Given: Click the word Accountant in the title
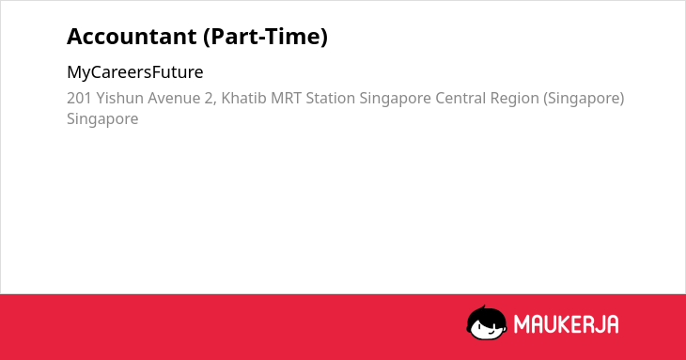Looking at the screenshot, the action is pos(132,37).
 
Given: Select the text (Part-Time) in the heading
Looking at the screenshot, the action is pos(265,37).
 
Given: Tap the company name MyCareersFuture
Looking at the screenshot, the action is pos(134,72).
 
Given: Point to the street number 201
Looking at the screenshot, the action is pos(79,98).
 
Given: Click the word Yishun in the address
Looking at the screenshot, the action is pos(120,99).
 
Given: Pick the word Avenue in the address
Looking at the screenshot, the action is pos(174,99).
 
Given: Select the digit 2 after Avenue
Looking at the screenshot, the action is pos(210,99).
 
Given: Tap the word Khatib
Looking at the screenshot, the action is pos(243,98).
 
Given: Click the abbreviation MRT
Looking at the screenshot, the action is pos(286,98).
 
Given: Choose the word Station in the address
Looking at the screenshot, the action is pos(330,98).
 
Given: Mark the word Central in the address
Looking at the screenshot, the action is pos(460,98).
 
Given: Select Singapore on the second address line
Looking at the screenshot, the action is pos(102,119).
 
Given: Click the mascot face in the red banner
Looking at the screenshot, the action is pos(487,323).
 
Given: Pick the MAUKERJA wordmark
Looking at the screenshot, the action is pos(566,324).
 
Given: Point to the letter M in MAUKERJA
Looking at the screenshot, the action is pos(522,324).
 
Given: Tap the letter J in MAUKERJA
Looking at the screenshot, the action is pos(597,324).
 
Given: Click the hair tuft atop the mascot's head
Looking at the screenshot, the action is pos(483,308).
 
